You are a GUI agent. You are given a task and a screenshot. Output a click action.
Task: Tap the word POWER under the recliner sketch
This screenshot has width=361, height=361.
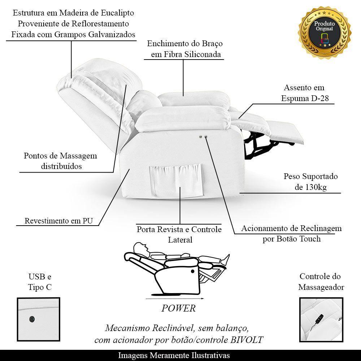pyautogui.click(x=178, y=308)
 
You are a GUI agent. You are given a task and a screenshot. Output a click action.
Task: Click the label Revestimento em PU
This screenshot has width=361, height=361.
pyautogui.click(x=57, y=221)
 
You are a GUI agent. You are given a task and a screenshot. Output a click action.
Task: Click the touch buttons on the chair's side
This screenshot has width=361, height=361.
pyautogui.click(x=203, y=137)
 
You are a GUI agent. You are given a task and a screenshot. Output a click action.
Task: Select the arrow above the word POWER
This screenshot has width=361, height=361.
pyautogui.click(x=175, y=299)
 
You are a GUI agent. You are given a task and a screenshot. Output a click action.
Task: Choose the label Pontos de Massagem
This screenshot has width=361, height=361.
pyautogui.click(x=60, y=156)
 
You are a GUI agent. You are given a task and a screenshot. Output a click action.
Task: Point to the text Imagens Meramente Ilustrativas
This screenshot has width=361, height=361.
pyautogui.click(x=174, y=356)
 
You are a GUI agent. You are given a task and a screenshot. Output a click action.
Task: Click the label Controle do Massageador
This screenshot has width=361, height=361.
pyautogui.click(x=320, y=282)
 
